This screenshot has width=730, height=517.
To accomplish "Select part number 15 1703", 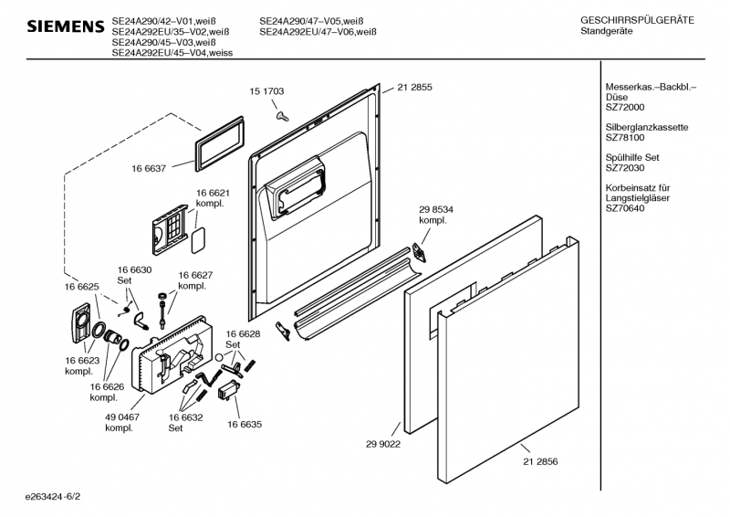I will click(267, 91).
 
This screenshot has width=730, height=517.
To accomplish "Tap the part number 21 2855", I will click(414, 88).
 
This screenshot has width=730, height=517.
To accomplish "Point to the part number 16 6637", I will click(149, 169).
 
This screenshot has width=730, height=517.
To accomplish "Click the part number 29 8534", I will click(435, 209).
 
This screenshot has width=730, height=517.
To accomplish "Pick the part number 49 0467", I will click(122, 417).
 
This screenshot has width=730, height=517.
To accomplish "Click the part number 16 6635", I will click(245, 424).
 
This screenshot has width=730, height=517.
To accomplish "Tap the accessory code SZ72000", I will click(625, 108).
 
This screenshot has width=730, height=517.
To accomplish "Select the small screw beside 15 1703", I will click(282, 114).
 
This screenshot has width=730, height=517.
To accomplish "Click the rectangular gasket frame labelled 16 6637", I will click(219, 142).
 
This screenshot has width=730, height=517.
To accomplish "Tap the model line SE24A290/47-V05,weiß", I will click(318, 20).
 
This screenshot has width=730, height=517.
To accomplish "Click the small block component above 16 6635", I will click(228, 391).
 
